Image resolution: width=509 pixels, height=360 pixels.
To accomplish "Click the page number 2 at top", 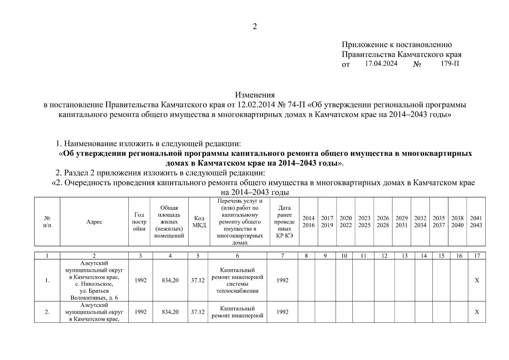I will pos(255,27).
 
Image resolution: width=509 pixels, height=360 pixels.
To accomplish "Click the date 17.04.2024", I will pos(381,64).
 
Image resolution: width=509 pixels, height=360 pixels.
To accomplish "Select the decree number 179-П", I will pos(450,64).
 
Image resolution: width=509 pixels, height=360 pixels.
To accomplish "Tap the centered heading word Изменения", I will pos(255,95).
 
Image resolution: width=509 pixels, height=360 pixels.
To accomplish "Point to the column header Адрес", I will pos(94,222).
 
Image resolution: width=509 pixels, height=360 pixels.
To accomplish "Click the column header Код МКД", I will pos(199,222).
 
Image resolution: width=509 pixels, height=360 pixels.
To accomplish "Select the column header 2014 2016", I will pos(308,222).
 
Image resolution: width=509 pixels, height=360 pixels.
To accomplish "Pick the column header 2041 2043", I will pos(476,222).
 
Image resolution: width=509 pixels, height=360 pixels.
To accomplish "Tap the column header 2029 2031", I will pos(401,222).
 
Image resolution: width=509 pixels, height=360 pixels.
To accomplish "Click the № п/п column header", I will pos(47,222).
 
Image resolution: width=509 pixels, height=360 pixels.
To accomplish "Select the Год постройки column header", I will pos(139,222).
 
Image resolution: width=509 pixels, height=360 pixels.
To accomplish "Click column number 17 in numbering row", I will pos(477,256).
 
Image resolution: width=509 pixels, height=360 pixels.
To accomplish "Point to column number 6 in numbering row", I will pos(237,256).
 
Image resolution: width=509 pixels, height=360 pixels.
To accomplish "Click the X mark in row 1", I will pos(477,280).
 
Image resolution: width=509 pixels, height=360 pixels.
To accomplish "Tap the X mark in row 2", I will pos(477,312).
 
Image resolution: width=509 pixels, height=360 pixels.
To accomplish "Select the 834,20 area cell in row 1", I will pos(170,280).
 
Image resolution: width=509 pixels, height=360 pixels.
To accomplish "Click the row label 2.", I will pos(47,312).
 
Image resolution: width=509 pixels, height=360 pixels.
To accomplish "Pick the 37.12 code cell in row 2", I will pos(198,312).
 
